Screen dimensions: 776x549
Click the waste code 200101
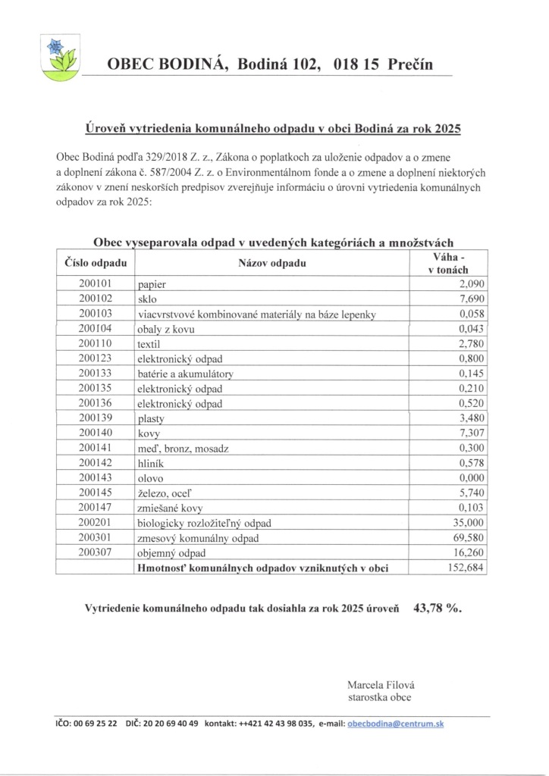[x=95, y=284]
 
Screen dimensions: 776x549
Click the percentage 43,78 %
[x=438, y=608]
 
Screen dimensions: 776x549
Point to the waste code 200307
[x=95, y=552]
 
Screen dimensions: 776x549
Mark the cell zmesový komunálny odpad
[x=198, y=538]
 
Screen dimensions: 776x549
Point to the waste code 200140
[x=95, y=433]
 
